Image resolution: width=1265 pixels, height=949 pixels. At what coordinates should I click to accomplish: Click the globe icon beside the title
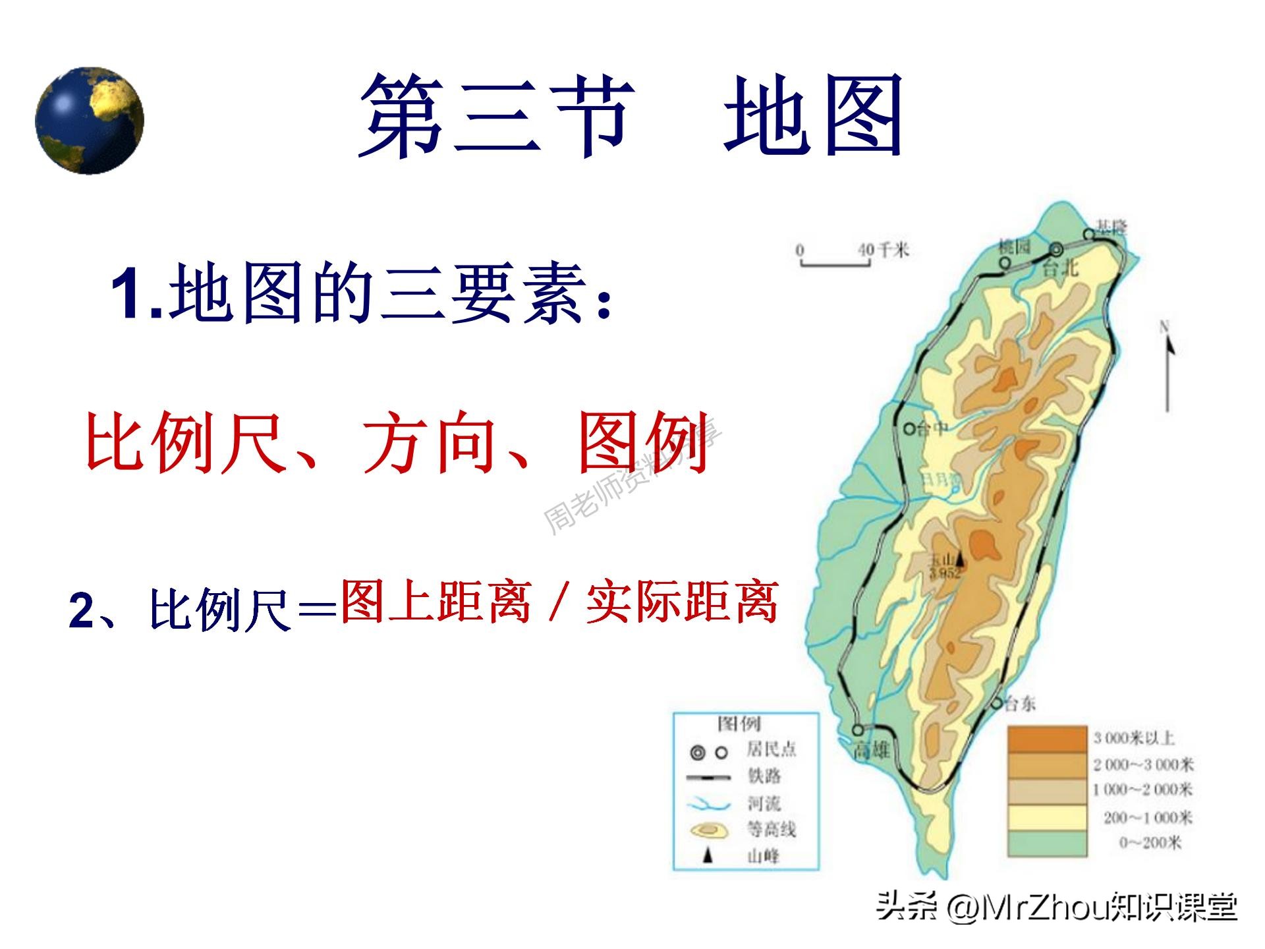pyautogui.click(x=90, y=121)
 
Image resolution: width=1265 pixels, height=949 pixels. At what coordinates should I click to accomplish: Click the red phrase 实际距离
pyautogui.click(x=682, y=601)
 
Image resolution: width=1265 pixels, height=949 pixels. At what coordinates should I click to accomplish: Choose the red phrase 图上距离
pyautogui.click(x=436, y=601)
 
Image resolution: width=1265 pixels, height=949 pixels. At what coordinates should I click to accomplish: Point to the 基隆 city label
pyautogui.click(x=1112, y=228)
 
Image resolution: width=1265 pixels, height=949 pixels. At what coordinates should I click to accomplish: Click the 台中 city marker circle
pyautogui.click(x=909, y=429)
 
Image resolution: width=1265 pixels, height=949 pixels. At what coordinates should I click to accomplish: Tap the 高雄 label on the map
pyautogui.click(x=871, y=749)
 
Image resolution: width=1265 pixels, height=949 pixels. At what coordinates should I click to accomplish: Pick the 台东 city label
pyautogui.click(x=1020, y=704)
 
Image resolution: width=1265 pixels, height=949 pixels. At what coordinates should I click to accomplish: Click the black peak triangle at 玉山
pyautogui.click(x=959, y=558)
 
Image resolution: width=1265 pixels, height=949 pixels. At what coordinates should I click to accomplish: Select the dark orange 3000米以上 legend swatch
pyautogui.click(x=1047, y=738)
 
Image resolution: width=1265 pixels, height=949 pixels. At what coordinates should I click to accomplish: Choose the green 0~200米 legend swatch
pyautogui.click(x=1047, y=843)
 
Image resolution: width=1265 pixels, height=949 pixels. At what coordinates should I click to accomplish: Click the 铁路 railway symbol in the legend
pyautogui.click(x=708, y=778)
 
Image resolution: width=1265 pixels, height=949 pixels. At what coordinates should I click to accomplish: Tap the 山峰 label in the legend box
pyautogui.click(x=763, y=856)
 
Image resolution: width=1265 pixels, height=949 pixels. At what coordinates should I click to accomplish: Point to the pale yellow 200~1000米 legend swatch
pyautogui.click(x=1047, y=817)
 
